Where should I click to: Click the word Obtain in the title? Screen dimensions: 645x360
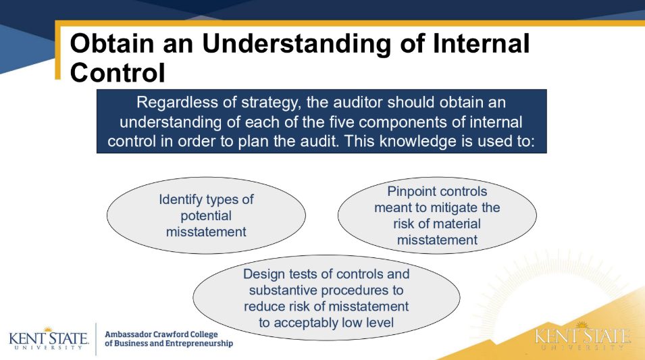click(112, 44)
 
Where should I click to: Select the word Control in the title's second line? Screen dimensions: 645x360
click(118, 73)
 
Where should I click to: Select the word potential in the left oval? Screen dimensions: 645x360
click(206, 216)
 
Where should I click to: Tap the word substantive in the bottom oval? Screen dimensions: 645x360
click(284, 290)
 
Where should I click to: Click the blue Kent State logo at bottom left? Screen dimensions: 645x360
click(49, 338)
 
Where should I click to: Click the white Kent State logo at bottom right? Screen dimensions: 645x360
click(582, 336)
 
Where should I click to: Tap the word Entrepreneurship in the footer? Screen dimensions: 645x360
click(203, 344)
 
